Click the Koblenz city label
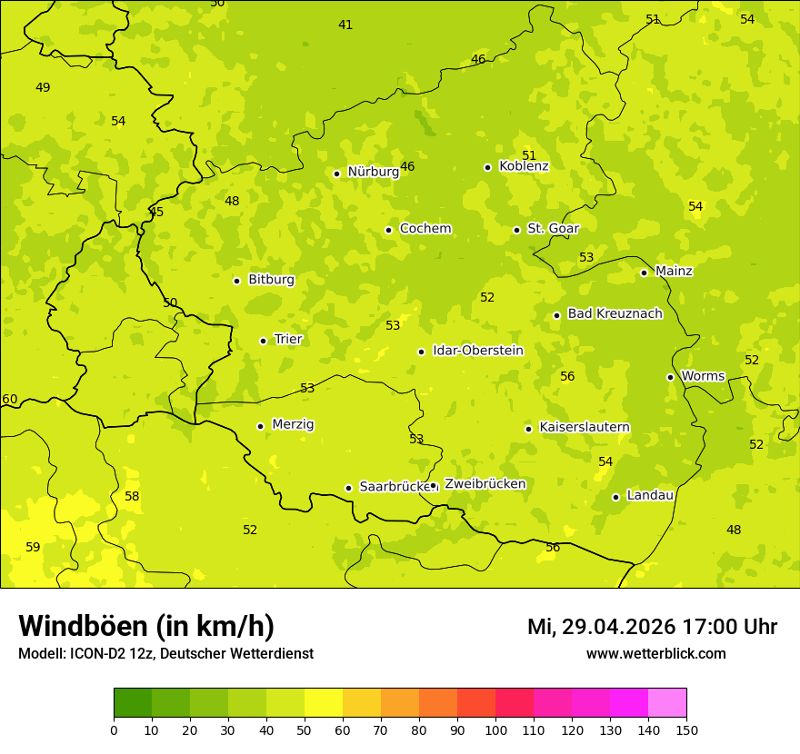(524, 166)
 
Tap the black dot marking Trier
(264, 341)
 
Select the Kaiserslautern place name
(584, 427)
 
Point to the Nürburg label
(373, 172)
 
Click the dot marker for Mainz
(644, 273)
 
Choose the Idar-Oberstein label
(477, 351)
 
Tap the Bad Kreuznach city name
(615, 313)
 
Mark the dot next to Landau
(615, 497)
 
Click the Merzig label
(293, 424)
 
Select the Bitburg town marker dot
(236, 281)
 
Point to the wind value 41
(345, 25)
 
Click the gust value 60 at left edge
(10, 400)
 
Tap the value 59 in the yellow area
(33, 547)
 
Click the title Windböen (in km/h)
(145, 626)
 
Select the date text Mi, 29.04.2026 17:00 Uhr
(652, 627)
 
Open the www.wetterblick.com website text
(655, 654)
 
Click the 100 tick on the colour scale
(495, 729)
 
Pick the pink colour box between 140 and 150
(667, 703)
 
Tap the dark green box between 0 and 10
(133, 703)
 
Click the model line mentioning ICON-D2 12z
(165, 654)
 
